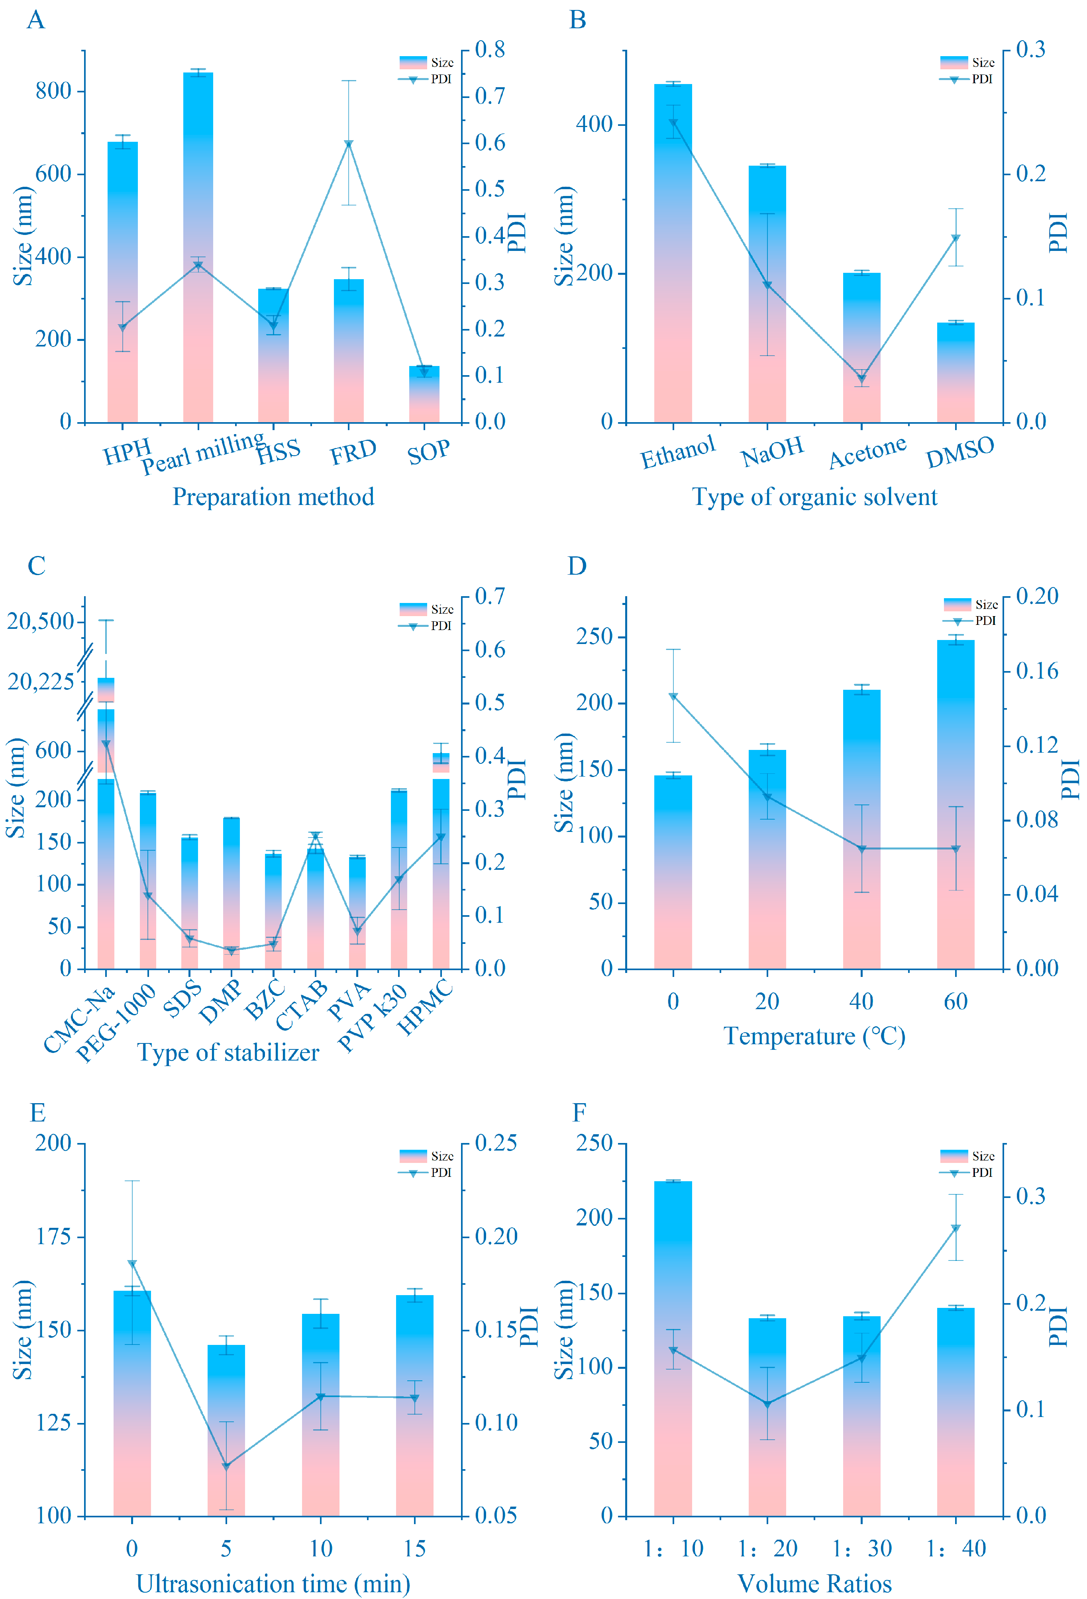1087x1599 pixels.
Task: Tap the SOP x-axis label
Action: tap(428, 453)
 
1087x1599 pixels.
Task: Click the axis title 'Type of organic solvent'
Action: tap(814, 497)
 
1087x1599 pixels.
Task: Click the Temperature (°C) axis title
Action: tap(814, 1035)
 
